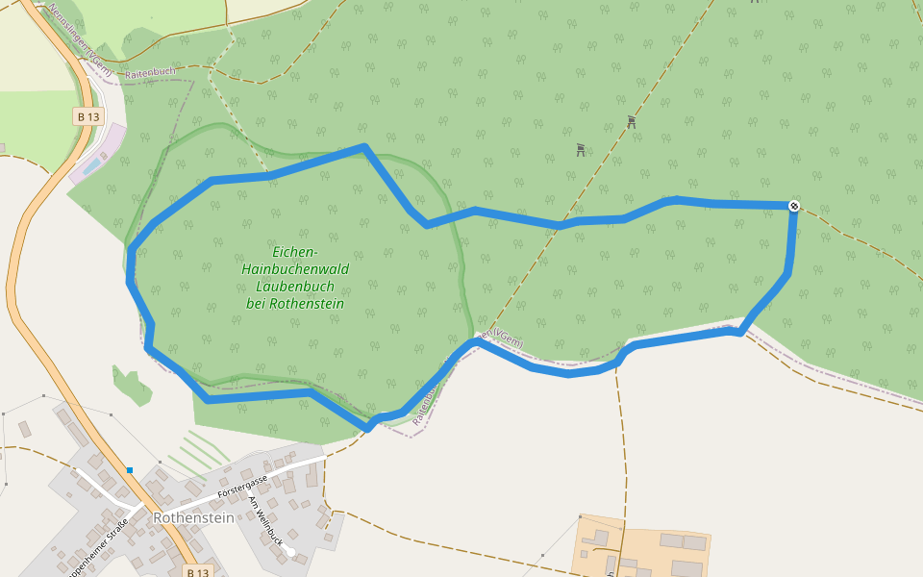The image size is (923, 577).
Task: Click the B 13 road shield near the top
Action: click(87, 116)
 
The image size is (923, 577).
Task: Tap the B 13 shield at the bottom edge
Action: click(197, 571)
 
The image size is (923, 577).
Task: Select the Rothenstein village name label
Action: click(193, 517)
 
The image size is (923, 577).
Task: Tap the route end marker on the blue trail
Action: click(794, 205)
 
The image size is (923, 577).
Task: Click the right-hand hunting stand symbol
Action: click(631, 122)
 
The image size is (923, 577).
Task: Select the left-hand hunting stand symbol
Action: click(581, 149)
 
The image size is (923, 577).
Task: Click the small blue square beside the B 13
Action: click(129, 470)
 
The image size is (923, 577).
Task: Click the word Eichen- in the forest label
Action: click(295, 252)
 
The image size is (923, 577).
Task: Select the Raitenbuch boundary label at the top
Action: click(150, 73)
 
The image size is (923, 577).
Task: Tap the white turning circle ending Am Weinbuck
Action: click(290, 552)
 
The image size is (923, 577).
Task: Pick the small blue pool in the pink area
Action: click(92, 165)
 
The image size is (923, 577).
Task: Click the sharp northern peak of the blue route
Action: click(364, 147)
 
